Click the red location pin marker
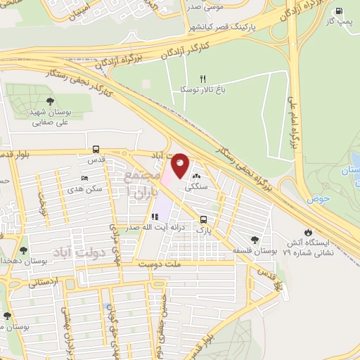pos(181,165)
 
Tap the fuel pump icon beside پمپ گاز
pos(340,11)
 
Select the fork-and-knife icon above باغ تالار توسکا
pos(203,79)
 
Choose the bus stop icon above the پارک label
pos(203,219)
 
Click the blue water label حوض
pos(318,199)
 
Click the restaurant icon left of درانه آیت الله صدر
pos(154,217)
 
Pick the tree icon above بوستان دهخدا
pos(24,250)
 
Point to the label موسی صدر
pos(205,6)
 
